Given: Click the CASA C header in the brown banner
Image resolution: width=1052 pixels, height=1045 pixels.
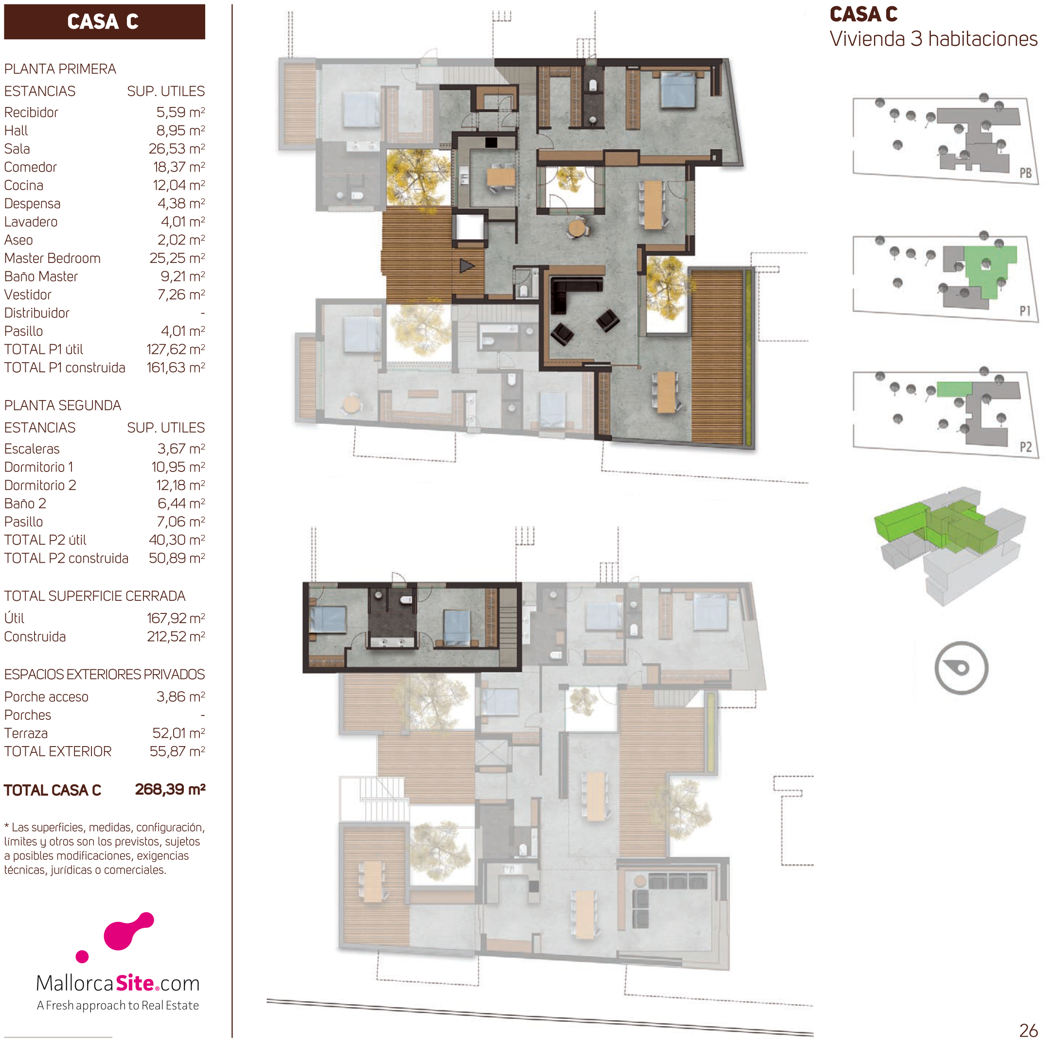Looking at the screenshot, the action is tap(103, 22).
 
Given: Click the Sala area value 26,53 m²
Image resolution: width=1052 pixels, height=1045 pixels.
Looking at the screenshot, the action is tap(177, 149).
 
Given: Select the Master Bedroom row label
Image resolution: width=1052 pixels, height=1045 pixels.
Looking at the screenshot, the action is tap(52, 258).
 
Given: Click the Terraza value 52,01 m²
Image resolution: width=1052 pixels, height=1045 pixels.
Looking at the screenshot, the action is tap(178, 733).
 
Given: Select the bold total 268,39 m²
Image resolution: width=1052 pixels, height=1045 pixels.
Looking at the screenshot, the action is tap(170, 789).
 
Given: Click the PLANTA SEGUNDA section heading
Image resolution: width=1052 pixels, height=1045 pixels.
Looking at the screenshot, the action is tap(63, 405).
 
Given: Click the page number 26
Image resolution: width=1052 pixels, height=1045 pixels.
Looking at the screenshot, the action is tap(1029, 1030).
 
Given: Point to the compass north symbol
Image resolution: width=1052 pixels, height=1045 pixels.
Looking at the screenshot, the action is tap(961, 668).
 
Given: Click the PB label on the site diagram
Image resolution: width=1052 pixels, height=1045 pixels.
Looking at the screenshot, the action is tap(1025, 173).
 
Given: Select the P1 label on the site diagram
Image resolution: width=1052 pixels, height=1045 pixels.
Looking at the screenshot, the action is tap(1025, 311).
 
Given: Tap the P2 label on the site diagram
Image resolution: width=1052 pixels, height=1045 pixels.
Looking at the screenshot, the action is tap(1025, 447).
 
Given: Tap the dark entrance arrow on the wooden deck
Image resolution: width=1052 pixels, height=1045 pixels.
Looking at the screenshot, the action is tap(466, 265).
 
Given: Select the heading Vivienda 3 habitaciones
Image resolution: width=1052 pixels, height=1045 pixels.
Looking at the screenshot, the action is tap(933, 39).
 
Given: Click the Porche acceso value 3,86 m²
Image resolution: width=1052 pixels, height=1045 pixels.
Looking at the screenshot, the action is tap(181, 697).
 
